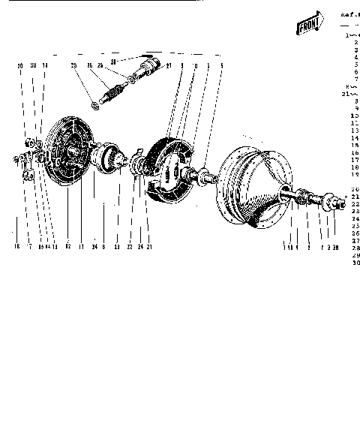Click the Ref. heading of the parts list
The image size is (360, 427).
350,14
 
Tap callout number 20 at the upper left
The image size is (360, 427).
20,66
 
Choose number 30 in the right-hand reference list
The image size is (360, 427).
355,263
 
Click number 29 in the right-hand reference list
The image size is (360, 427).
355,254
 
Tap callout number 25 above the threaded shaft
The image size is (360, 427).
74,66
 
